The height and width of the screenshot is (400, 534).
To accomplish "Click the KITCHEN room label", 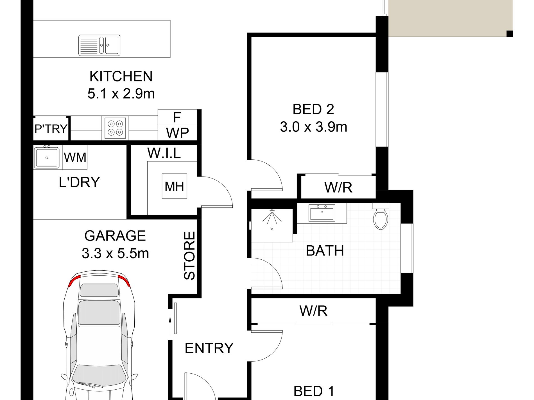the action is point(121,76).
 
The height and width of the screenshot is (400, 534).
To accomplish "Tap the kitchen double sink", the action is point(99,45).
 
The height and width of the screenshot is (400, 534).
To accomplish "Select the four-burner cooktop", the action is point(115,128).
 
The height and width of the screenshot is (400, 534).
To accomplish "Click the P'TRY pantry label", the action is point(51,129).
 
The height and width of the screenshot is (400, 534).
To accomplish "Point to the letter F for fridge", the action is point(177,118).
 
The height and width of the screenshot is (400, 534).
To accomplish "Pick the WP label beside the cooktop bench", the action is point(177,133).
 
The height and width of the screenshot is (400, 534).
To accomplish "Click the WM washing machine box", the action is point(75,157).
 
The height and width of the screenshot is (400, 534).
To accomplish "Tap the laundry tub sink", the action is point(47,157).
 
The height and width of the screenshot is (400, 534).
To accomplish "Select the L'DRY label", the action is point(79,182).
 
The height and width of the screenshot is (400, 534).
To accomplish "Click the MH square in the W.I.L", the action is point(174,186).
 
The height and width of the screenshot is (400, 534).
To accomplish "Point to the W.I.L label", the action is point(164,153).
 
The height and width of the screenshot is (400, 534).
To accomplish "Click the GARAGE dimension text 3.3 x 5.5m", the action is point(115,253).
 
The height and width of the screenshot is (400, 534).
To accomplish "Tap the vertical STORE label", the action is point(189,255).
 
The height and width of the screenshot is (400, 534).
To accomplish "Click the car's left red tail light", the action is point(74,281).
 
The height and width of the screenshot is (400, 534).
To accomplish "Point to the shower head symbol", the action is point(272,218).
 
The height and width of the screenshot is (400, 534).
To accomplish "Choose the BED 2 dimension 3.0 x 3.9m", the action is point(314,127).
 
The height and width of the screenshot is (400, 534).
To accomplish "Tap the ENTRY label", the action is point(209,348).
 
